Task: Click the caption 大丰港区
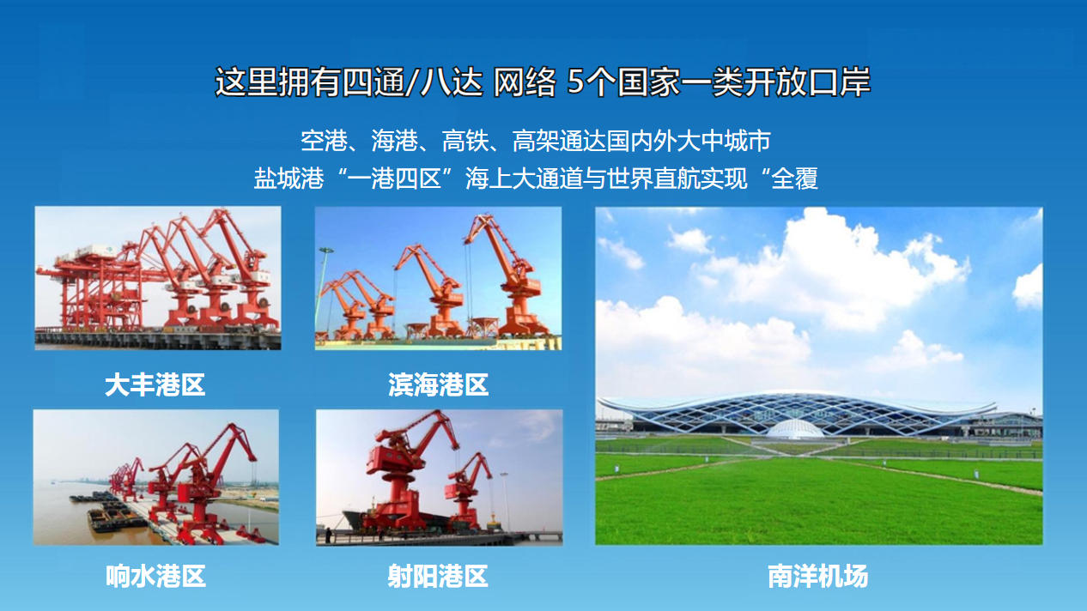pyautogui.click(x=155, y=384)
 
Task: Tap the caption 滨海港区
pyautogui.click(x=438, y=384)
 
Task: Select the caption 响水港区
pyautogui.click(x=155, y=576)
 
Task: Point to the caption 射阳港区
pyautogui.click(x=438, y=576)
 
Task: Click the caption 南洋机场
pyautogui.click(x=818, y=576)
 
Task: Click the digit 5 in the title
pyautogui.click(x=575, y=82)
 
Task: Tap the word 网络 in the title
pyautogui.click(x=525, y=82)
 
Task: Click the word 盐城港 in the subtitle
pyautogui.click(x=288, y=178)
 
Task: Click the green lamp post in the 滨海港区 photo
pyautogui.click(x=322, y=291)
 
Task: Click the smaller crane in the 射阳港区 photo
pyautogui.click(x=467, y=491)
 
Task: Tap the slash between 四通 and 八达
pyautogui.click(x=411, y=82)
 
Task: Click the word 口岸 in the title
pyautogui.click(x=840, y=82)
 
